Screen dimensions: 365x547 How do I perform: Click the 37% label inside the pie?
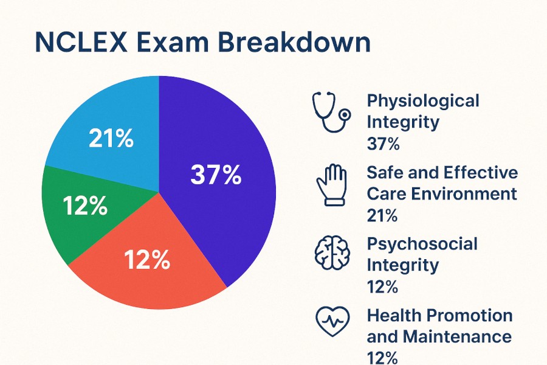point(216,175)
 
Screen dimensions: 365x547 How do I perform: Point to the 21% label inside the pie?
point(111,139)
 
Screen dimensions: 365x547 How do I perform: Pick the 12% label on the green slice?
point(85,207)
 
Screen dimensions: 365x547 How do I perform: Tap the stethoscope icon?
point(331,112)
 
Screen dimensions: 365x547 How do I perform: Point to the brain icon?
point(331,254)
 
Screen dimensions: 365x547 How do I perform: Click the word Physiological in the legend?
point(422,100)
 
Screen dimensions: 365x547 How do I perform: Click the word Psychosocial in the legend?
point(422,244)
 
